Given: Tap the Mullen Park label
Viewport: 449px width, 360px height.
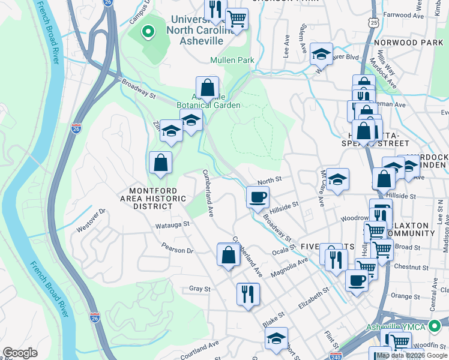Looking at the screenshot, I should pos(232,60).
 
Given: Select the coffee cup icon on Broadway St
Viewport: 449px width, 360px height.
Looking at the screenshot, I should pos(258,197).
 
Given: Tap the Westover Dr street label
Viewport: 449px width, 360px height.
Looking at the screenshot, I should pos(91,220).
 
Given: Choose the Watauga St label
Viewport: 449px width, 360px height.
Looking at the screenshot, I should pos(172,224).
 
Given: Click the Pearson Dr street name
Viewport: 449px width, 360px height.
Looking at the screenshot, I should pos(177,248).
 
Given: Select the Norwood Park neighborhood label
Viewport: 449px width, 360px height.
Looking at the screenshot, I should pos(408,43).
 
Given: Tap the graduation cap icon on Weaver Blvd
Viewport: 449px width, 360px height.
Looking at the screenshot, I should pos(321,55).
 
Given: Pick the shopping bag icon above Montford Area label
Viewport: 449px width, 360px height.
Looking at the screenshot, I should pos(160,163).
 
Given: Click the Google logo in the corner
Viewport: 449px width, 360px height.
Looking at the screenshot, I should pos(20,353).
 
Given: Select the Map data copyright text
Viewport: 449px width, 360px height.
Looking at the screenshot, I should pos(412,355).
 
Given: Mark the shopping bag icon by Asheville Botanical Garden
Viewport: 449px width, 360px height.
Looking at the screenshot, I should pos(207,88).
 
